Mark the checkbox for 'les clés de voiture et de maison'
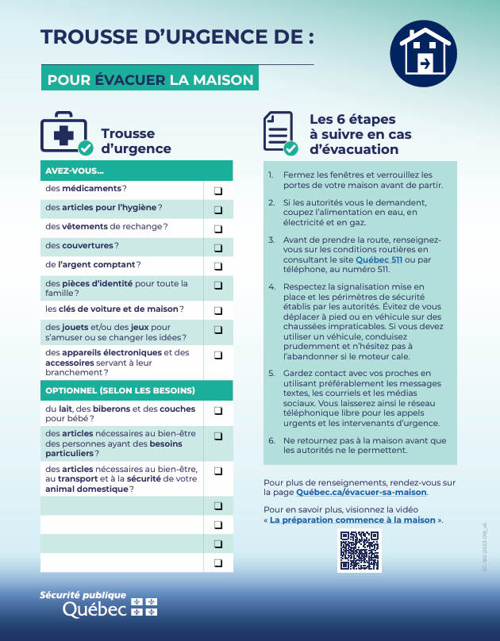pos(217,310)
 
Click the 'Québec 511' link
pos(379,259)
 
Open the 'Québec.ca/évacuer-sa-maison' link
pos(361,493)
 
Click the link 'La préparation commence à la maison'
pos(352,520)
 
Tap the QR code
pos(360,551)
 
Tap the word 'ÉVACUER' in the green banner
pos(130,80)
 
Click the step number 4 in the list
pos(271,286)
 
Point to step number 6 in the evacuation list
pos(271,440)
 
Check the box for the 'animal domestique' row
pos(217,471)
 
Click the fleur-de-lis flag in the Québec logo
pos(143,607)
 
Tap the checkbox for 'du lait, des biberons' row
pos(217,410)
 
